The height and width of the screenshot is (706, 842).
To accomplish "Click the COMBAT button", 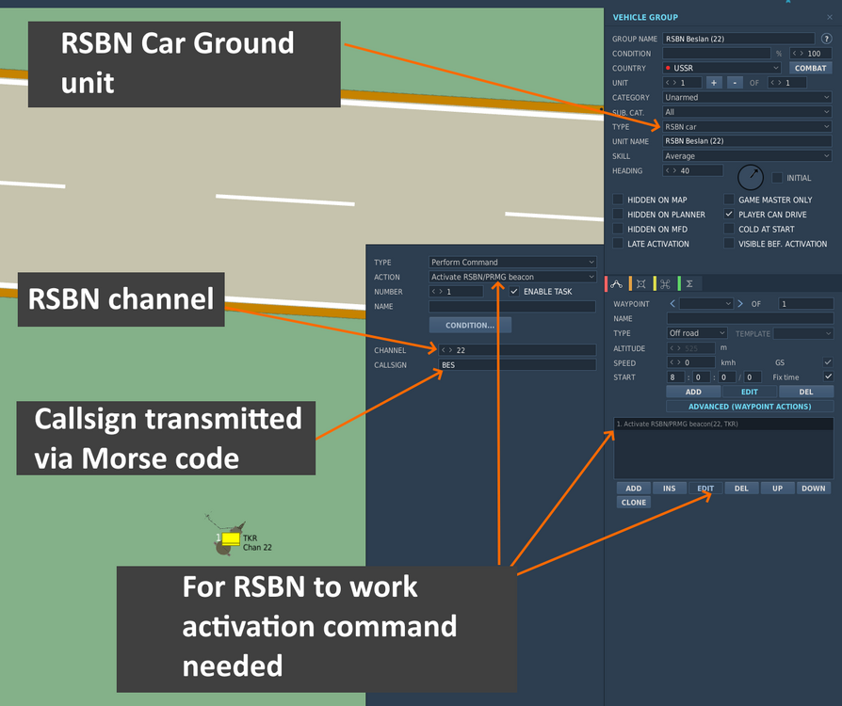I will (x=810, y=68).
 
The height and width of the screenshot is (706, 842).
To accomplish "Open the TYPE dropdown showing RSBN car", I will (x=747, y=126).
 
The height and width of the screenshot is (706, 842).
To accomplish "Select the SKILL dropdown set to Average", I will (x=747, y=156).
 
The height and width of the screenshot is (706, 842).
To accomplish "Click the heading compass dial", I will (x=751, y=177).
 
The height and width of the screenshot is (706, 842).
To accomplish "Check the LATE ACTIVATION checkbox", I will (x=618, y=244).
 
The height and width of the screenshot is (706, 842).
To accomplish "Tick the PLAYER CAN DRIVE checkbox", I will (x=729, y=215).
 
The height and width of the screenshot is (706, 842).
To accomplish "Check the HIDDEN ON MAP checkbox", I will (x=618, y=200).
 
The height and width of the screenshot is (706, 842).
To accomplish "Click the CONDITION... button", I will (x=470, y=326).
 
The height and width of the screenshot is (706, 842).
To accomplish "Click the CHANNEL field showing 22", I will (x=516, y=350).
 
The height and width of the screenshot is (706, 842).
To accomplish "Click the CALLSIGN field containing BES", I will (x=516, y=364).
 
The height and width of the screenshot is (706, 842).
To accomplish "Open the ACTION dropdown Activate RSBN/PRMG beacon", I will (x=511, y=277).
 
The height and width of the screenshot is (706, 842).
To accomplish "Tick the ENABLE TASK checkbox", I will (x=514, y=292).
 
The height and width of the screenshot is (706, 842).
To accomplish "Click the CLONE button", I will (x=634, y=502).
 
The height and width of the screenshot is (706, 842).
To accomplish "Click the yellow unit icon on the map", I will (x=231, y=538).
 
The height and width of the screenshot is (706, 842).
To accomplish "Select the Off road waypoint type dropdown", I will (x=697, y=333).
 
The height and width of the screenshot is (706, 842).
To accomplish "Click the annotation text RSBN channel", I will (x=121, y=299).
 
